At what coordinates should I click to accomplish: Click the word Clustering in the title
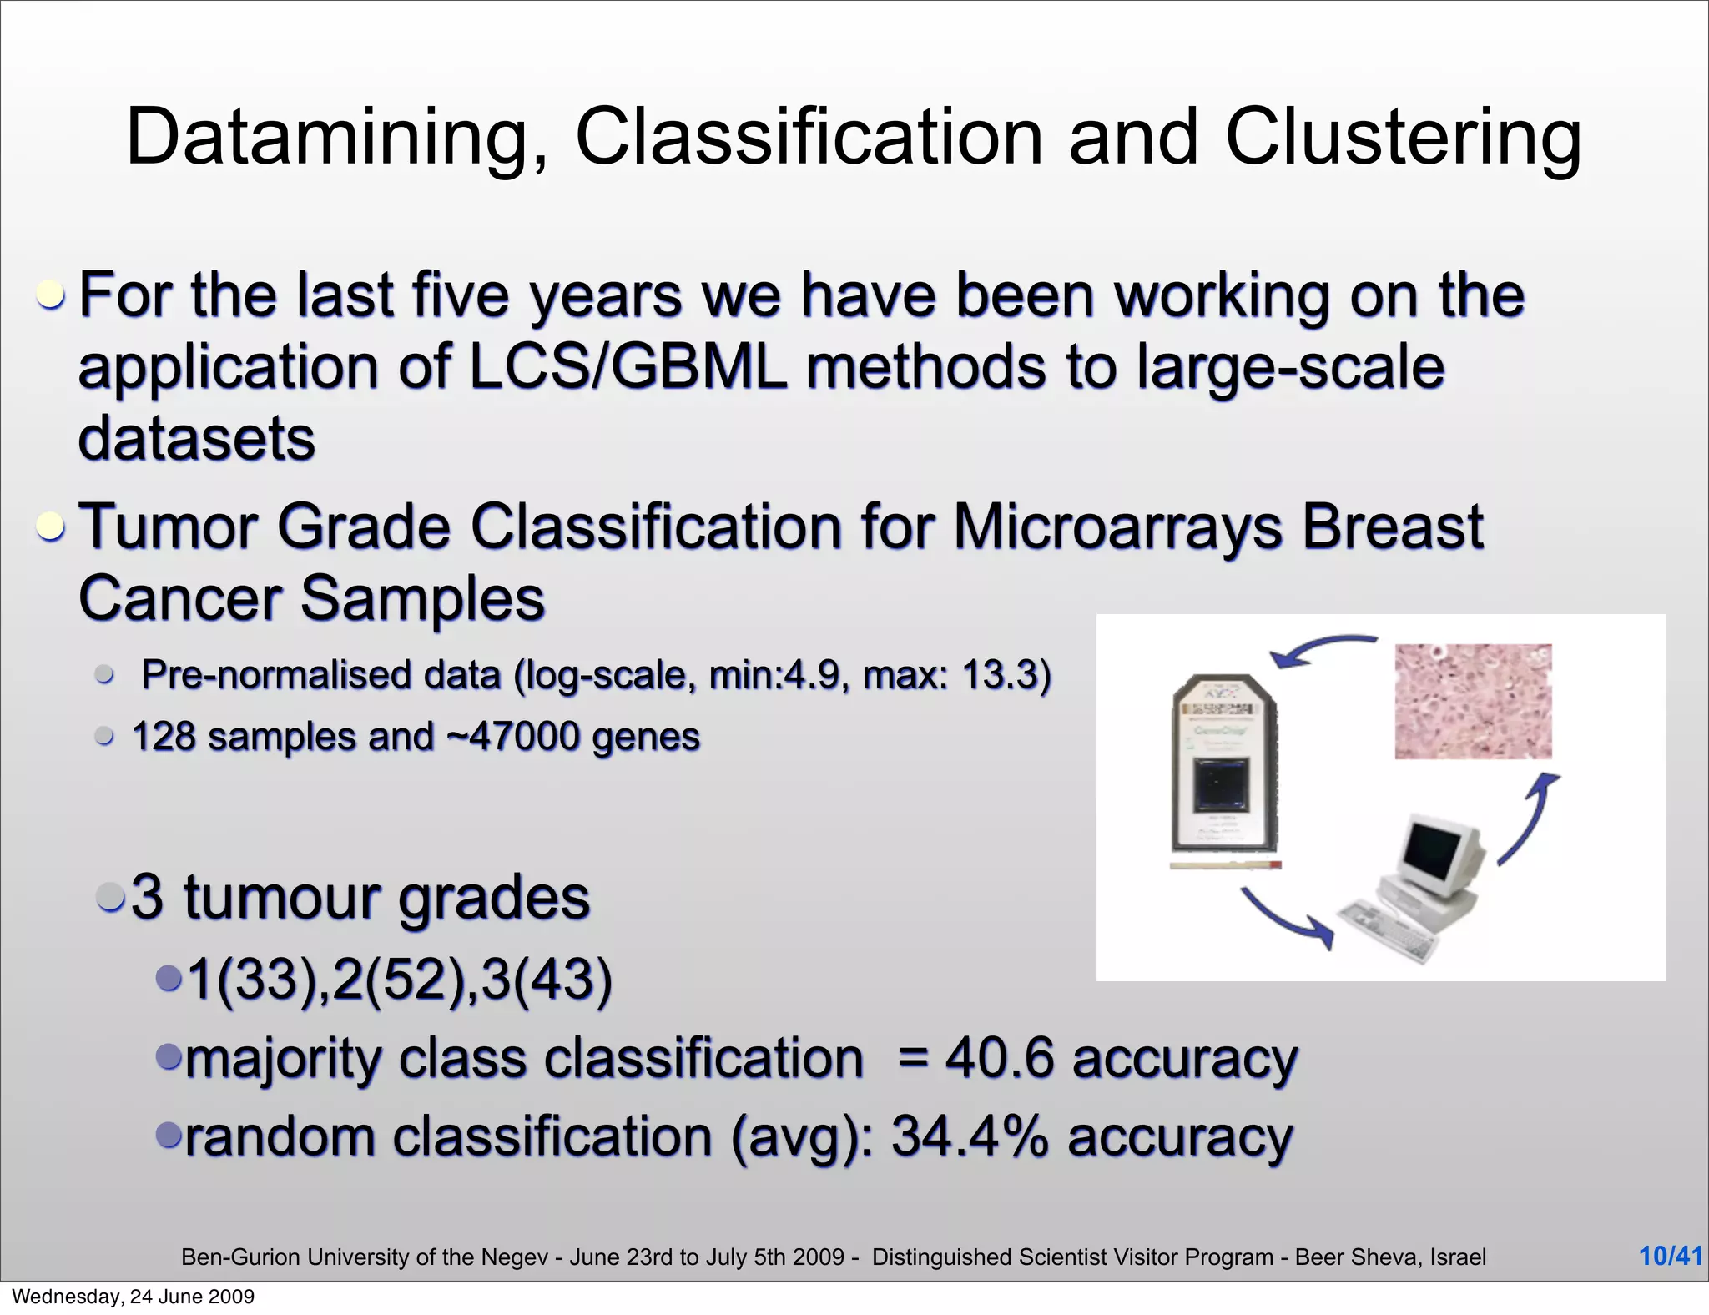(x=1402, y=138)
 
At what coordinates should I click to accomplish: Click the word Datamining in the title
(x=334, y=138)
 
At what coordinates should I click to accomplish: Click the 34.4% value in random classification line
(x=968, y=1136)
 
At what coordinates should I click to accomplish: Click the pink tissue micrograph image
(x=1473, y=701)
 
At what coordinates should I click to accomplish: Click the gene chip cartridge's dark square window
(x=1220, y=785)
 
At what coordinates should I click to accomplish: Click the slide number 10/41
(x=1670, y=1256)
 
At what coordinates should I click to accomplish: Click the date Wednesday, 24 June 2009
(x=134, y=1297)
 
